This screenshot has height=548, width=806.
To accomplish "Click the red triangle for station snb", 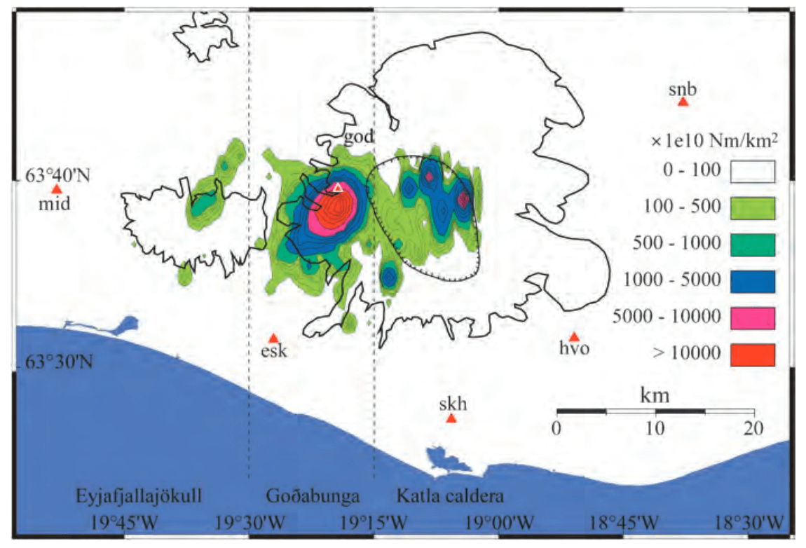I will [x=683, y=102].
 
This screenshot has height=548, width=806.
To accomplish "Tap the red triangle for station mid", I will [x=56, y=189].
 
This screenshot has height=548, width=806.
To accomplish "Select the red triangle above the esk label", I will [x=274, y=338].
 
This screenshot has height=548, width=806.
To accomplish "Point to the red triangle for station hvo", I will [x=574, y=337].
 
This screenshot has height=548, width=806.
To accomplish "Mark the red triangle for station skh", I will [x=451, y=418].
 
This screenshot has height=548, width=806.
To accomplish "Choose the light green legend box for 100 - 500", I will [x=753, y=208].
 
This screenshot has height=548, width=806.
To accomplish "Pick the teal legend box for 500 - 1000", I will [x=753, y=245].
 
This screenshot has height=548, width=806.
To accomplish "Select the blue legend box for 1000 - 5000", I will [x=753, y=281].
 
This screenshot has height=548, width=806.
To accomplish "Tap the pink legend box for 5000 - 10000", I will [x=753, y=317].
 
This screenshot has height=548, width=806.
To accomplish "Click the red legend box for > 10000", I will [x=753, y=354].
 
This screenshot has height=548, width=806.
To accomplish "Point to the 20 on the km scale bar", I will [x=754, y=427].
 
